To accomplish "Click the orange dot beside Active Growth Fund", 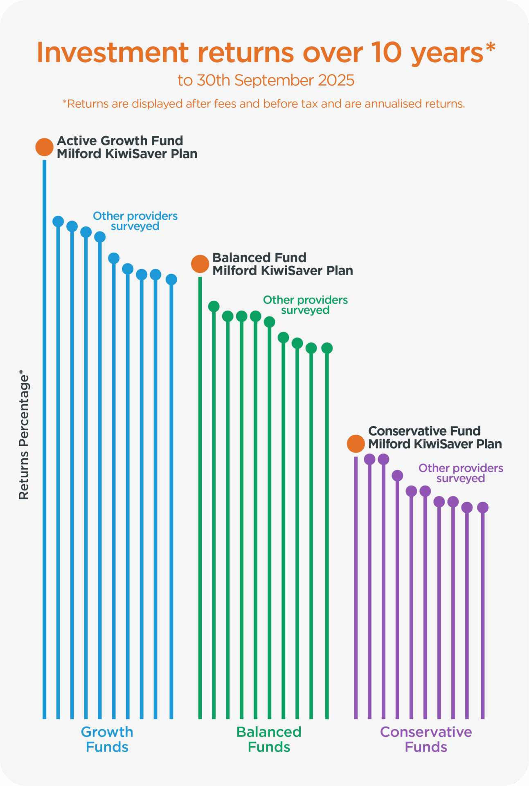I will click(44, 147).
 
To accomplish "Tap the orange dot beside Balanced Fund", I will click(200, 264).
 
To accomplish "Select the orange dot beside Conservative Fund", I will click(356, 444).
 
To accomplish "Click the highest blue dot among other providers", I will click(58, 221).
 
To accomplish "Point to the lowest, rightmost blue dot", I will click(171, 280).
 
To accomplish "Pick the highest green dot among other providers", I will click(214, 306).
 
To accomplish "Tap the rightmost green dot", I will click(327, 348).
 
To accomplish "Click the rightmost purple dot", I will click(483, 508).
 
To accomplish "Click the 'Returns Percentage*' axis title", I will click(24, 435).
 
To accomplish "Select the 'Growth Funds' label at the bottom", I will click(107, 739).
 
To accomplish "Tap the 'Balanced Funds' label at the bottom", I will click(269, 739).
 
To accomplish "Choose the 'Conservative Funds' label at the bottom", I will click(425, 739).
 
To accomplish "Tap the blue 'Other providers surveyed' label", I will click(135, 221).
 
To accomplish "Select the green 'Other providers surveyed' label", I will click(305, 305).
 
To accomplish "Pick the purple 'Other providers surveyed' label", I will click(461, 473).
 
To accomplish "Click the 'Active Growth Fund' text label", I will click(120, 141).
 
